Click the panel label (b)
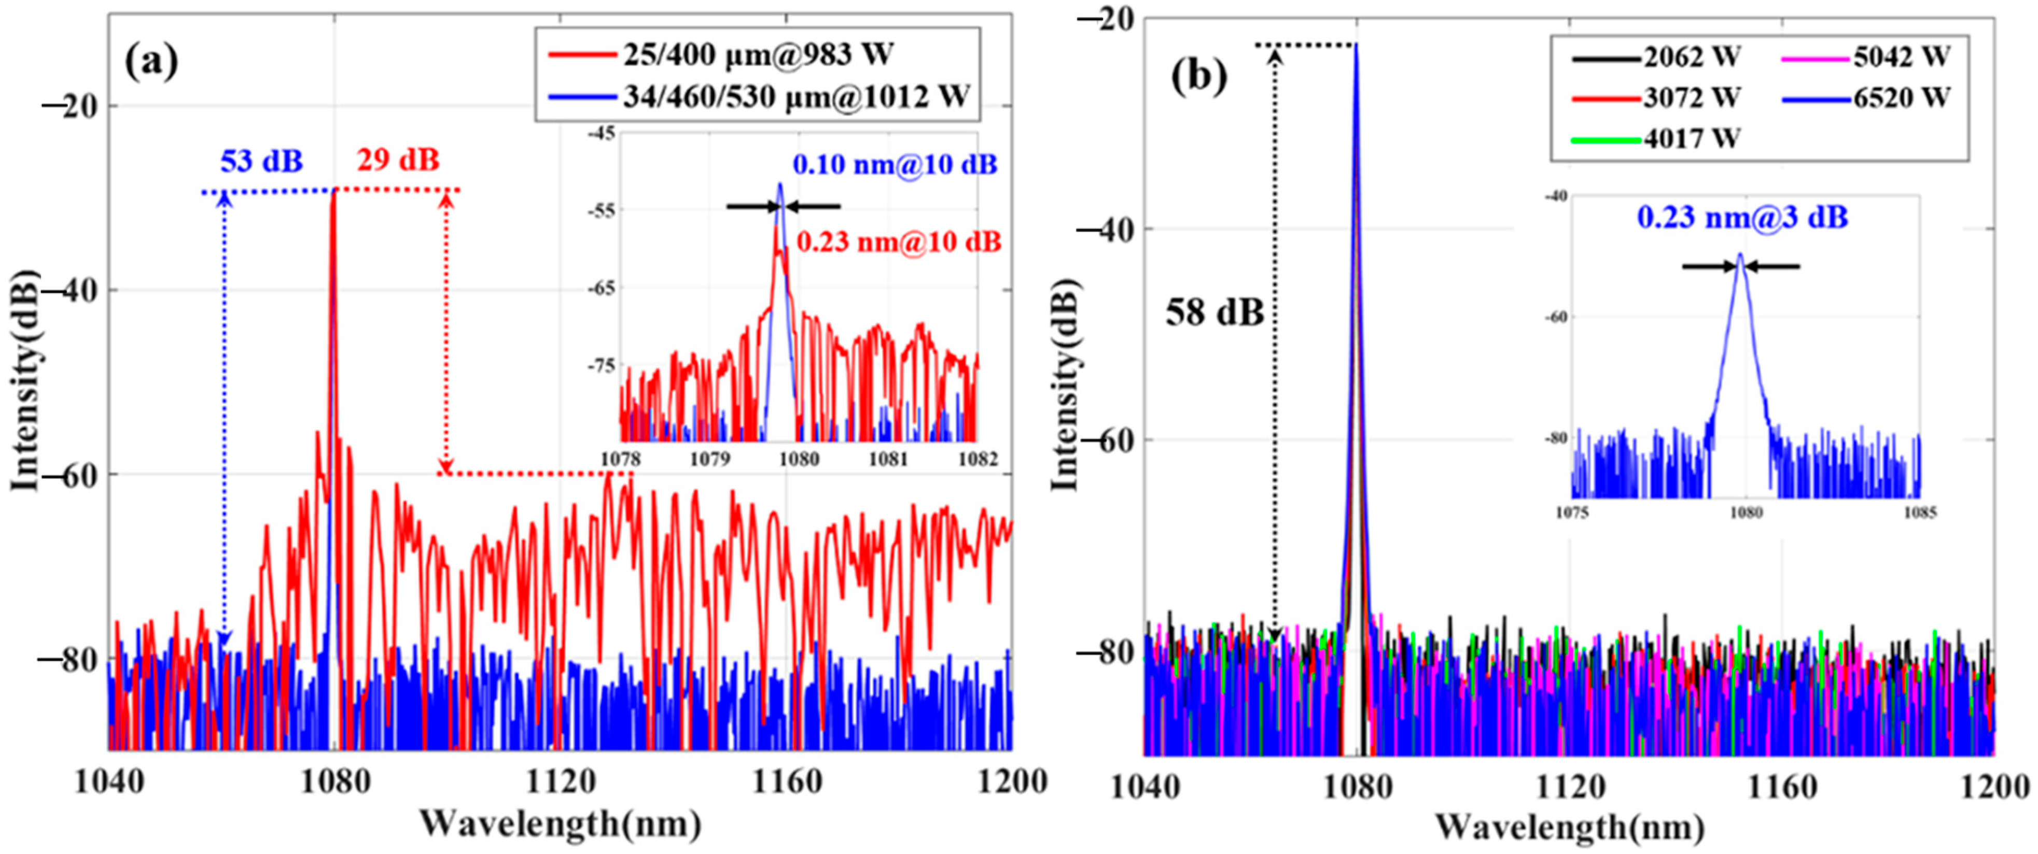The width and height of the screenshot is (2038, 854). [x=1199, y=77]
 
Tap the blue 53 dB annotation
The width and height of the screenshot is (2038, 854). [x=261, y=161]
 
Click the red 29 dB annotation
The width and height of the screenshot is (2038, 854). [x=397, y=161]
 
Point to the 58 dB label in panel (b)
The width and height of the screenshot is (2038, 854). [x=1215, y=313]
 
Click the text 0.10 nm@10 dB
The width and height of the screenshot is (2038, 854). [x=895, y=165]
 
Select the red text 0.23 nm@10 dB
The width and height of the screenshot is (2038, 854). [x=899, y=241]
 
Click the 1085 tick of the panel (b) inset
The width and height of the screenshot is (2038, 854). [x=1920, y=513]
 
